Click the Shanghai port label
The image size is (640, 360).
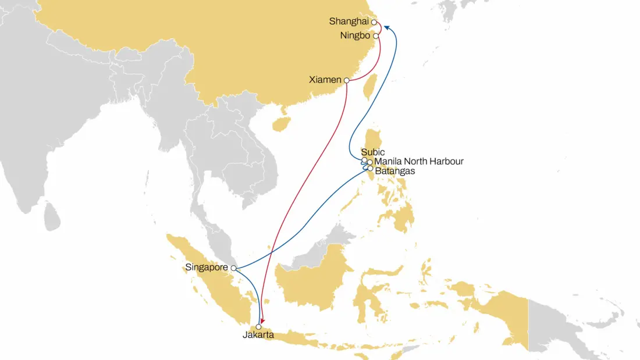pyautogui.click(x=348, y=22)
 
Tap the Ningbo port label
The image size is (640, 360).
pyautogui.click(x=355, y=36)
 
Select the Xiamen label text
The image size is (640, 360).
pyautogui.click(x=325, y=80)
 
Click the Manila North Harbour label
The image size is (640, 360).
pyautogui.click(x=419, y=162)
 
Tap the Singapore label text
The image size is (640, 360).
pyautogui.click(x=207, y=268)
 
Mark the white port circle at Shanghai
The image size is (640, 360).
pyautogui.click(x=374, y=23)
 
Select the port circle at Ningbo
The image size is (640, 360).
pyautogui.click(x=376, y=36)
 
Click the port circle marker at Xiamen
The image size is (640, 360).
pyautogui.click(x=346, y=80)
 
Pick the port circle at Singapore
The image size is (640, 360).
pyautogui.click(x=233, y=268)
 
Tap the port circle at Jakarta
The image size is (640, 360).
pyautogui.click(x=258, y=327)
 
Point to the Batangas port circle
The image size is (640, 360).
pyautogui.click(x=370, y=169)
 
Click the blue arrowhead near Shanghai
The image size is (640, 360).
pyautogui.click(x=386, y=27)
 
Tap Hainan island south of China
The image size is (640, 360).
pyautogui.click(x=281, y=123)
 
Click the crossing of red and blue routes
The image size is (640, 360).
pyautogui.click(x=272, y=251)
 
